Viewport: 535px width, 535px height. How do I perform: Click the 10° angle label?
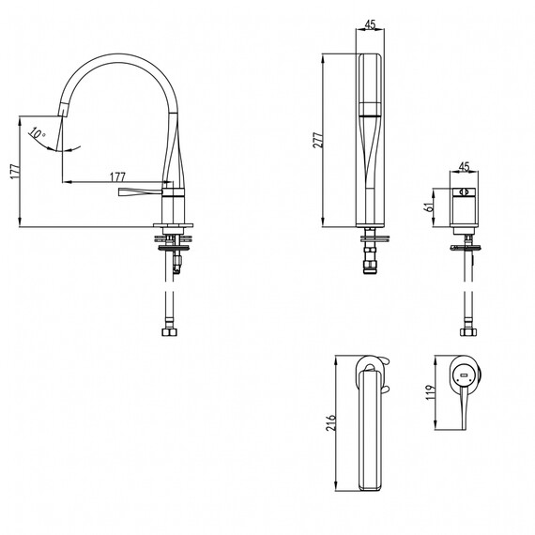click(37, 132)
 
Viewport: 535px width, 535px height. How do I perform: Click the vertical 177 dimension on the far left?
click(15, 171)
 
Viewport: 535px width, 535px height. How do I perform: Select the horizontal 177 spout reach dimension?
click(117, 176)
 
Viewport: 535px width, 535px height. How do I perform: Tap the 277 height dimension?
click(317, 140)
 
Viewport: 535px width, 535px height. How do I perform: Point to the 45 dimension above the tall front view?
click(370, 24)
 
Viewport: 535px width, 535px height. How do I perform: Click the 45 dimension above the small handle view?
click(464, 166)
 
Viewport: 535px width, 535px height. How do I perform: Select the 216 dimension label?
click(330, 423)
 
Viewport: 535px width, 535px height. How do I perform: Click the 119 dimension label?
click(431, 392)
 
